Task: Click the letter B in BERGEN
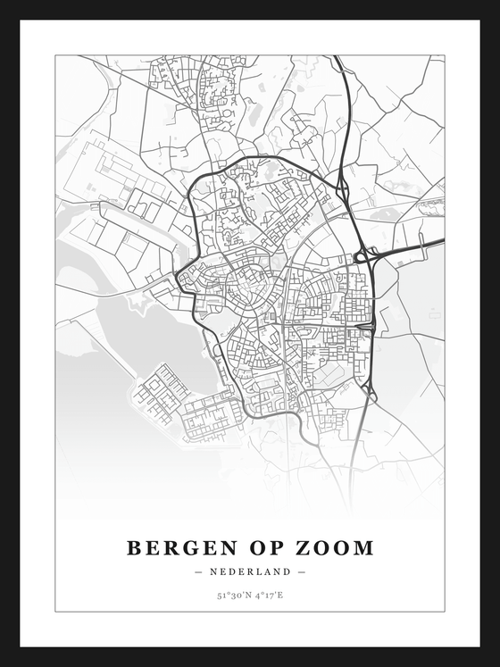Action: pos(134,547)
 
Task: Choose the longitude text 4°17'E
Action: pos(269,595)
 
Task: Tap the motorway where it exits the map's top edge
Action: pos(336,58)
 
